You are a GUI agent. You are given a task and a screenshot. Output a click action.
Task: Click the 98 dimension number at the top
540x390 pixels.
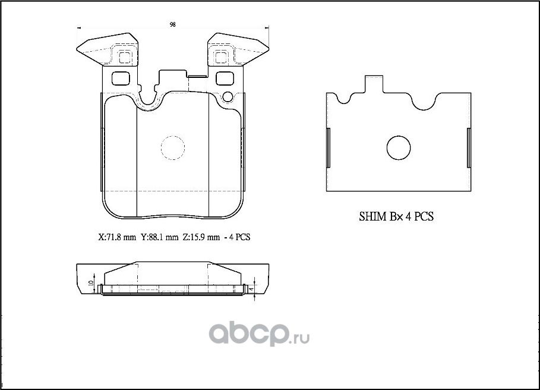click(x=172, y=25)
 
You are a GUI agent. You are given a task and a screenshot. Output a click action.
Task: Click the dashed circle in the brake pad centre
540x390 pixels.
click(x=173, y=147)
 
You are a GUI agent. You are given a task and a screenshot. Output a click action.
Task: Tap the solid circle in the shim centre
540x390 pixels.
click(x=398, y=147)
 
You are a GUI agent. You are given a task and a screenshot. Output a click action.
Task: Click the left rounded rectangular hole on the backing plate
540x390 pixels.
click(x=121, y=78)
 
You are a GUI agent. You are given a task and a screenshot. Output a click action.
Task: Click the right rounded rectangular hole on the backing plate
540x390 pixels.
click(x=225, y=78)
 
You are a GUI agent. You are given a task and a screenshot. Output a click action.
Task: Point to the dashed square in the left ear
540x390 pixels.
click(x=124, y=58)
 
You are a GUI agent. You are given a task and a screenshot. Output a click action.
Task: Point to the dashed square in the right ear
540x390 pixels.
click(x=221, y=58)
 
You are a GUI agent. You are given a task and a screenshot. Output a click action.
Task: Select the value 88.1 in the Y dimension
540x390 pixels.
click(x=156, y=237)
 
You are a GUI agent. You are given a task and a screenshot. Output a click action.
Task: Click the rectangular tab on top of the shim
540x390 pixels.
click(x=373, y=85)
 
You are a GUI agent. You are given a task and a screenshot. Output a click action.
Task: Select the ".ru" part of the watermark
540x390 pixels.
click(x=301, y=339)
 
